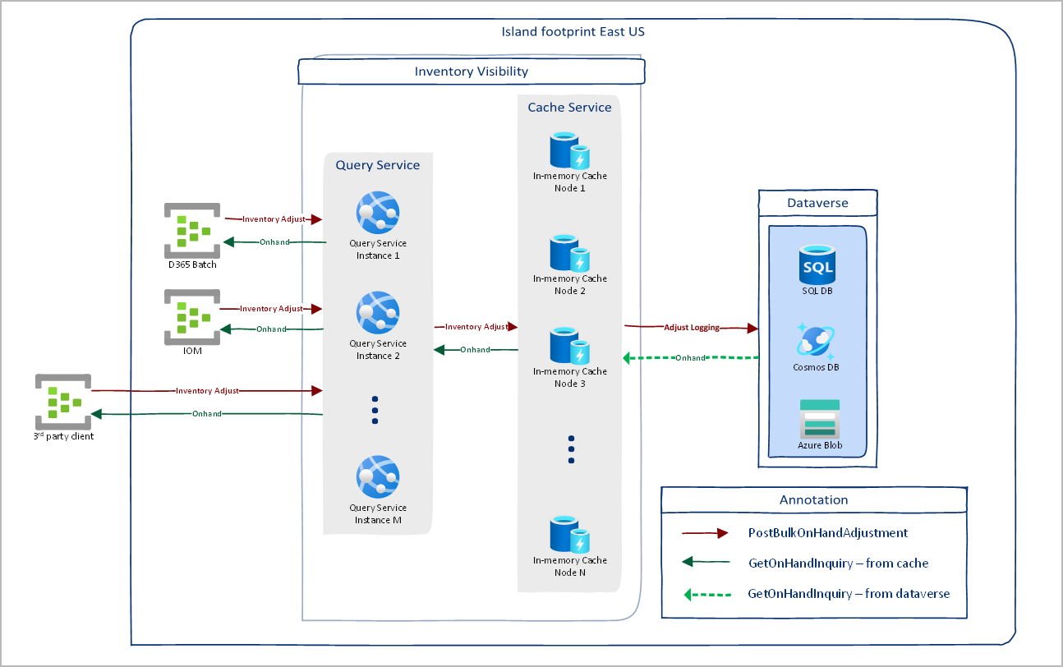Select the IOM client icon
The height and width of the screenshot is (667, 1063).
coord(191,316)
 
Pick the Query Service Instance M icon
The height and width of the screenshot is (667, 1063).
coord(378,477)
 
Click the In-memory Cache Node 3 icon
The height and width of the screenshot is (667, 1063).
coord(569,347)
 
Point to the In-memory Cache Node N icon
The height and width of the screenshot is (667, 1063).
coord(569,535)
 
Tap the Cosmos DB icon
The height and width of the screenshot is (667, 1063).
coord(817,339)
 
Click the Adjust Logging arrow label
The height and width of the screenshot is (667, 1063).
coord(692,327)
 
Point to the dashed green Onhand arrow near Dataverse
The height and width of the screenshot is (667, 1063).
coord(690,358)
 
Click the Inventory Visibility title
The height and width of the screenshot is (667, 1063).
coord(471,71)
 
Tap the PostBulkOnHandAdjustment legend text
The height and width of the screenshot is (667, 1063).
coord(828,533)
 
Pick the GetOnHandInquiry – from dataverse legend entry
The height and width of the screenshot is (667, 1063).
coord(849,594)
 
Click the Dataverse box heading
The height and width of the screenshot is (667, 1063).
coord(817,203)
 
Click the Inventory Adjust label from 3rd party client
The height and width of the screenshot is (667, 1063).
coord(207,391)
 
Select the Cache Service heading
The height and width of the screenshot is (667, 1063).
coord(569,108)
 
